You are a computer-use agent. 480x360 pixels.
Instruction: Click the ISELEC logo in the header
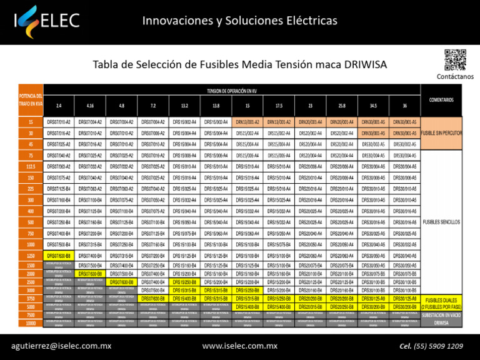click(x=47, y=21)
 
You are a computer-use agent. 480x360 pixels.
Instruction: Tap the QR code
click(x=455, y=60)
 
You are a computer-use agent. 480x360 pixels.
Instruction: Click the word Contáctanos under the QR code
click(x=454, y=76)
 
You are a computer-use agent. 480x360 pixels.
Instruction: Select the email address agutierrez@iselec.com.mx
click(x=62, y=346)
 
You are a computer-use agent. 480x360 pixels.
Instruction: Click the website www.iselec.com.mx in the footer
click(x=240, y=346)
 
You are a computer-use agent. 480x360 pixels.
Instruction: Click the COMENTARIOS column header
click(x=441, y=99)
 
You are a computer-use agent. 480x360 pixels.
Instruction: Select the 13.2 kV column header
click(x=185, y=105)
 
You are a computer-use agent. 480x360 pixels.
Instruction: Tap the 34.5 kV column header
click(x=373, y=105)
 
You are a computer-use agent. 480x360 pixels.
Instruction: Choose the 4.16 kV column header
click(x=91, y=105)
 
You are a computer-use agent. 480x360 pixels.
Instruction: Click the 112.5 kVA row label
click(x=30, y=166)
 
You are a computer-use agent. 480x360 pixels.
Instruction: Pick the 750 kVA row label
click(x=30, y=233)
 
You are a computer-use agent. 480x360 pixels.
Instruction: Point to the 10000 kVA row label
click(x=30, y=322)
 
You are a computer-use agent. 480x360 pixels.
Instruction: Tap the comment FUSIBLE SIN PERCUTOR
click(x=441, y=133)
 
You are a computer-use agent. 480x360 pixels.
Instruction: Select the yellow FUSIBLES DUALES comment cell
click(x=441, y=304)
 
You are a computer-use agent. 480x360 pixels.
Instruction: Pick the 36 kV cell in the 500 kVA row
click(x=404, y=222)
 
